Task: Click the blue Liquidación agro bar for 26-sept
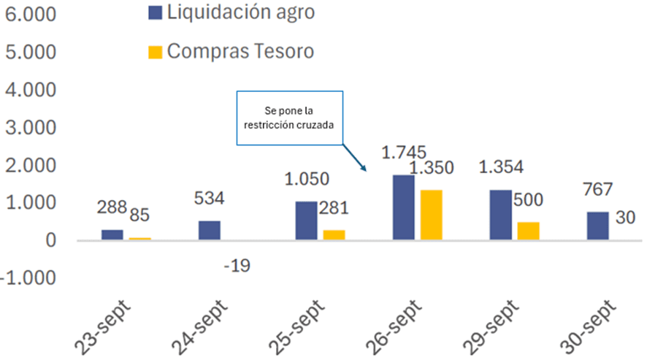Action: pyautogui.click(x=403, y=207)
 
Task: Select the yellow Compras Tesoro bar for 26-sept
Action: pyautogui.click(x=431, y=215)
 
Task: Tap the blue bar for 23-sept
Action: pyautogui.click(x=112, y=235)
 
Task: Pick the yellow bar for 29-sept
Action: pyautogui.click(x=528, y=231)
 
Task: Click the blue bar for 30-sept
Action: pyautogui.click(x=597, y=226)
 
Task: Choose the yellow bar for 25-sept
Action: pyautogui.click(x=334, y=235)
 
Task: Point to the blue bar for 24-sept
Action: pyautogui.click(x=209, y=231)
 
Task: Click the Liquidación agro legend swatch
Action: pyautogui.click(x=154, y=12)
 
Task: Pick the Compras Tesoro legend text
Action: pyautogui.click(x=241, y=51)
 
